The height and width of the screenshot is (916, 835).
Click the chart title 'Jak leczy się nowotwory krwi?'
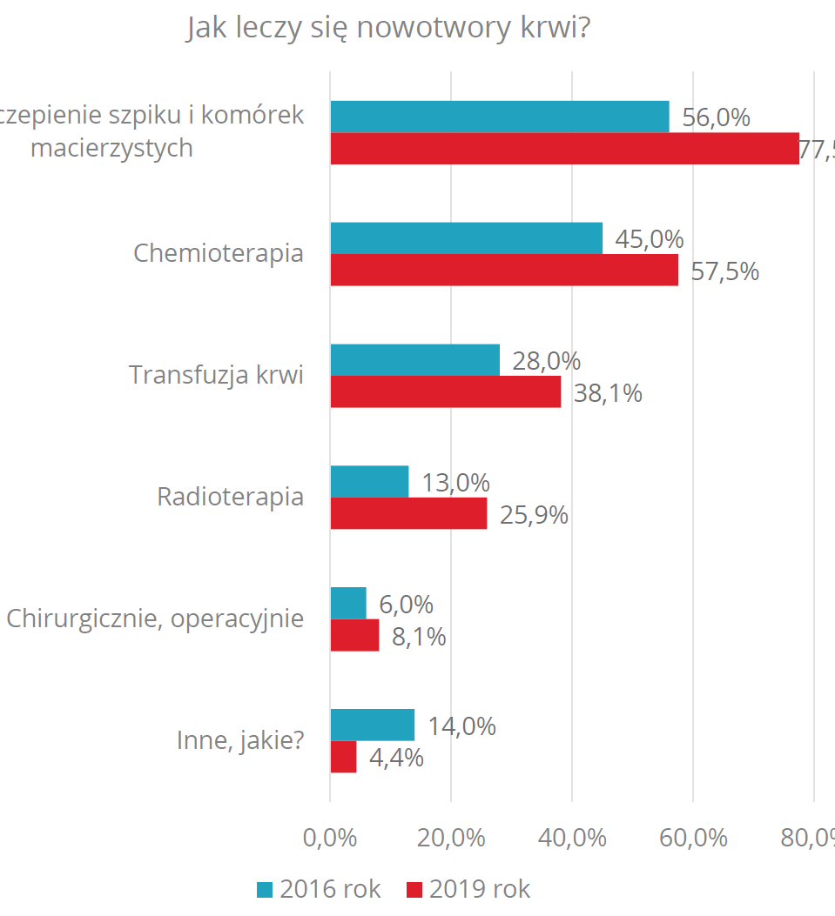point(388,29)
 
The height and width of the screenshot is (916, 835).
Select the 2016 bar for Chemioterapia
point(466,238)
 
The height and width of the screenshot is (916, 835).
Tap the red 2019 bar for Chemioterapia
point(503,270)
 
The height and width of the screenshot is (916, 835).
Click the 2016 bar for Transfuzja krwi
point(414,360)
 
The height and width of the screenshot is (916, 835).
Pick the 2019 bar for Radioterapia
point(408,513)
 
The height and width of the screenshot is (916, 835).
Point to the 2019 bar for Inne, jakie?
point(343,757)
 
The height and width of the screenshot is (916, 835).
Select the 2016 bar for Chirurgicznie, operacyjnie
point(348,603)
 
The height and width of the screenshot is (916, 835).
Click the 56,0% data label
point(716,117)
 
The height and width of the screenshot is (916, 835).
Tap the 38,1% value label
point(607,393)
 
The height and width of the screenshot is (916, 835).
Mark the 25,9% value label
point(534,515)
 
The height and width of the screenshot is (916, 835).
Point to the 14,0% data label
point(461,725)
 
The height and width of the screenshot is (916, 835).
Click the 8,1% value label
point(419,637)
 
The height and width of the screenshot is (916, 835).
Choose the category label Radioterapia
point(230,498)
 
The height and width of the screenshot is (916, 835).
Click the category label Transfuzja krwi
point(216,376)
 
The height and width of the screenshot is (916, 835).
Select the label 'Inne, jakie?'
point(240,741)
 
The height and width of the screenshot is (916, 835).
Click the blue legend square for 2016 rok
point(265,890)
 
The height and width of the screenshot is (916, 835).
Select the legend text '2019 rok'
point(480,890)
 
